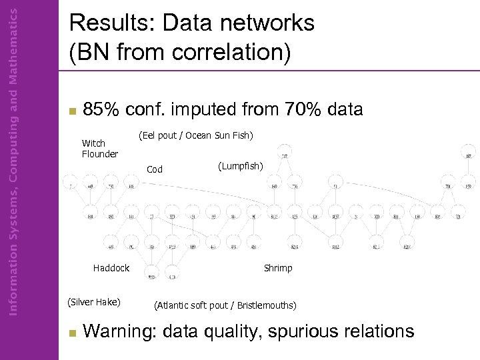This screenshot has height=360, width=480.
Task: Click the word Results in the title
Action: tap(108, 24)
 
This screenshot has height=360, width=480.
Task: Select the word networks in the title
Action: tap(267, 24)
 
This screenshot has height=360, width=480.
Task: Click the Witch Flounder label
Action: tap(99, 149)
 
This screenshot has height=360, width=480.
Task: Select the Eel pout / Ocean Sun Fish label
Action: tap(195, 136)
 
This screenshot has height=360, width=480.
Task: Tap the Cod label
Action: tap(155, 169)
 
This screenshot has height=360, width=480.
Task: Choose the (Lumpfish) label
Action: tap(241, 165)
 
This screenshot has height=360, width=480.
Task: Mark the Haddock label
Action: tap(111, 268)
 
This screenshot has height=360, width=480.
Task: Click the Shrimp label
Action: tap(278, 268)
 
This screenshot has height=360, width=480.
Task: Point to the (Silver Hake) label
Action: tap(94, 302)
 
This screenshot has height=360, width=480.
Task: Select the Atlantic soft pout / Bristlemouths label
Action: tap(225, 306)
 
